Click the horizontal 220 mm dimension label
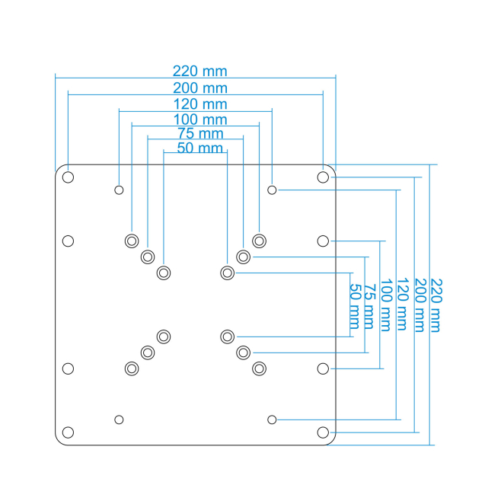tap(199, 72)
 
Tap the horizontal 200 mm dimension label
tap(199, 88)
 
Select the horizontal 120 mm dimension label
tap(199, 104)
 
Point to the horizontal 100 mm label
tap(199, 120)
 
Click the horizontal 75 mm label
tap(195, 134)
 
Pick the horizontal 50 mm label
tap(199, 148)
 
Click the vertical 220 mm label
tap(436, 305)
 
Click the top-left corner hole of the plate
tap(68, 177)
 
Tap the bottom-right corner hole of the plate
tap(323, 432)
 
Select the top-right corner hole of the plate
tap(323, 177)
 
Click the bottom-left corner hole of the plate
tap(68, 432)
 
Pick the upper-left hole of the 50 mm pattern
tap(164, 273)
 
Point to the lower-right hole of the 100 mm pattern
tap(259, 368)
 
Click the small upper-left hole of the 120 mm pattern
tap(119, 190)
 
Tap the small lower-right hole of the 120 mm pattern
tap(272, 419)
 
